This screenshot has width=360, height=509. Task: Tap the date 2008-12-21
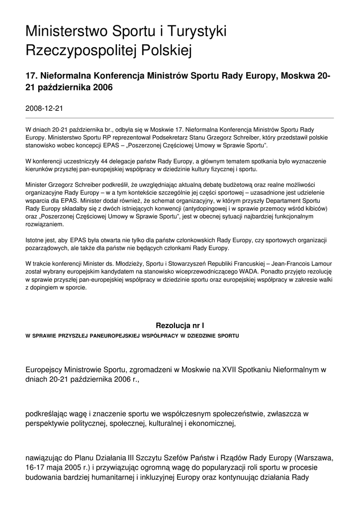point(44,107)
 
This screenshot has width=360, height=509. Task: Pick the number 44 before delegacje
point(103,161)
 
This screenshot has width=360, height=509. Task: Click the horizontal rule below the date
point(180,118)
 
